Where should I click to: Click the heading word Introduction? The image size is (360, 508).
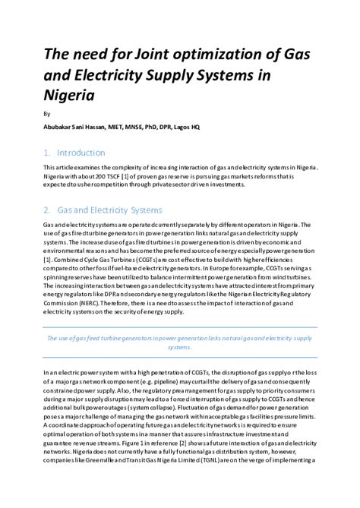tap(81, 152)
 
